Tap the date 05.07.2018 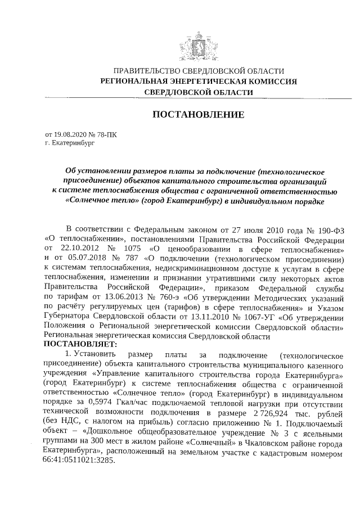(x=87, y=258)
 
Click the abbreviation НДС (x=71, y=422)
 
